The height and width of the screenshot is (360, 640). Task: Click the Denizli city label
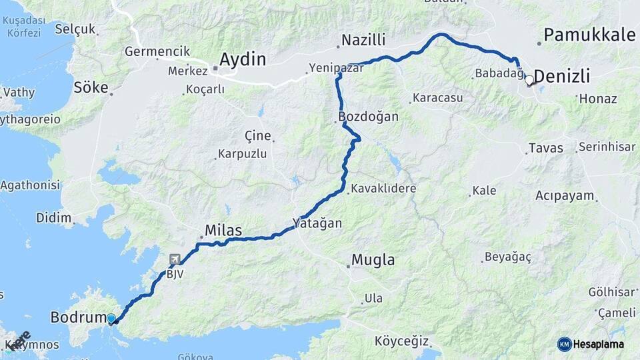coord(562,77)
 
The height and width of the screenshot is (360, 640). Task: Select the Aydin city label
coord(243,59)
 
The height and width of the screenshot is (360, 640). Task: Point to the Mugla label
coord(373,260)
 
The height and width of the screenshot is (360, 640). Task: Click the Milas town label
coord(223,231)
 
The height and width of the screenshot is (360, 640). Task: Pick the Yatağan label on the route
coord(317,223)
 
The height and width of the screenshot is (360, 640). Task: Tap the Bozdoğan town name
coord(369,117)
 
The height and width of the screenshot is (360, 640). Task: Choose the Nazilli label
coord(363,41)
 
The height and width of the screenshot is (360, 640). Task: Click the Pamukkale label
coord(589,35)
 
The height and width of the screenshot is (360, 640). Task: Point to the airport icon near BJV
coord(175,259)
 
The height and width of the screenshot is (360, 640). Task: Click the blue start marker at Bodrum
coord(111,319)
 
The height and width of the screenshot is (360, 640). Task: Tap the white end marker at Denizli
coord(529,80)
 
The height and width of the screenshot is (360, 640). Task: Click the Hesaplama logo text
coord(599,344)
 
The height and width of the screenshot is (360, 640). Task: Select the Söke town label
coord(91,87)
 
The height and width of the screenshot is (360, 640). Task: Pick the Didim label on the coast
coord(55,217)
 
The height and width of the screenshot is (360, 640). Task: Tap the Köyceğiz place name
coord(401,341)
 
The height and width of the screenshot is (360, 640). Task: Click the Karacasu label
coord(437,98)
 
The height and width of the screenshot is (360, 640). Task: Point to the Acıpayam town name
coord(564,196)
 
